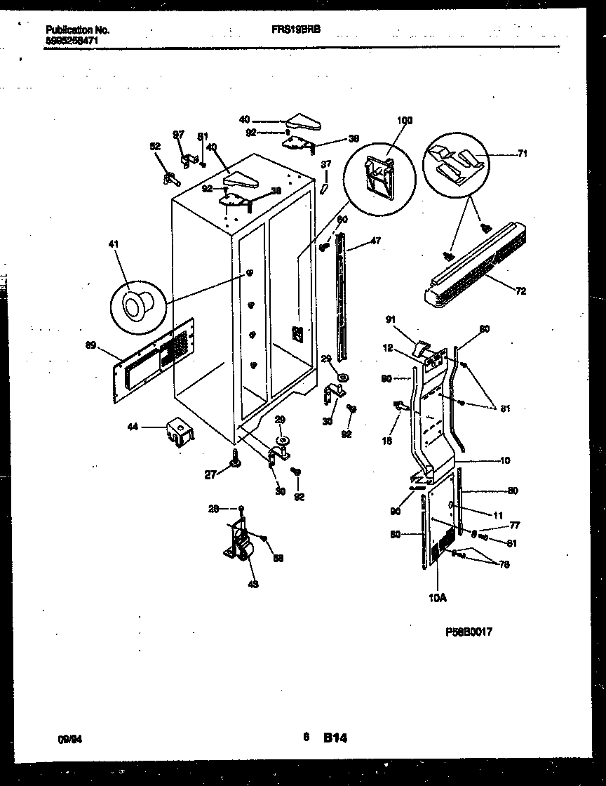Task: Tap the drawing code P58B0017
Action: click(x=469, y=632)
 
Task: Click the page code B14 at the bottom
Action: click(x=335, y=738)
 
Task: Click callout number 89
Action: click(x=90, y=345)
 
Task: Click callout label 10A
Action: click(x=437, y=598)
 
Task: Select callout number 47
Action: click(x=375, y=241)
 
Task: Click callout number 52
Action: click(x=155, y=146)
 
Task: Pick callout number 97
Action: click(x=179, y=133)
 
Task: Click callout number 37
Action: click(x=326, y=164)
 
